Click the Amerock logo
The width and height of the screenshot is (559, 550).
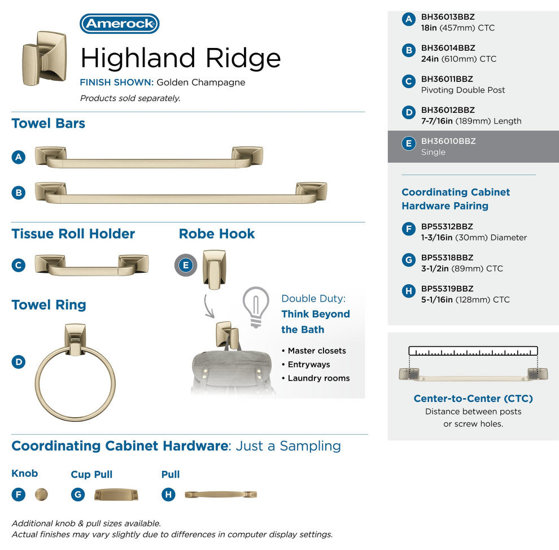(x=120, y=24)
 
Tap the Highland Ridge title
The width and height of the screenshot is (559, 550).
(x=181, y=58)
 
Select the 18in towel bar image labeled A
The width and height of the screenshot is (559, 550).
(x=149, y=157)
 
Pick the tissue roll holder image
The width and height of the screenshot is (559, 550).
(x=91, y=265)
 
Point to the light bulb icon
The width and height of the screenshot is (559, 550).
(x=256, y=307)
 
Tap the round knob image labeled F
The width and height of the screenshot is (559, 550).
(x=41, y=495)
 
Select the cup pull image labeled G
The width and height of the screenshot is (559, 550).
(x=116, y=495)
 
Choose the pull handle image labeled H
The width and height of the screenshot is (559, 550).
(x=221, y=495)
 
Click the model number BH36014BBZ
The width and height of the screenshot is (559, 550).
(x=448, y=48)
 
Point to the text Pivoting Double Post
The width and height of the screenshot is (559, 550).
(x=463, y=90)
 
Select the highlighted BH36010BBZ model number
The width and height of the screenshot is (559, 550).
(x=448, y=141)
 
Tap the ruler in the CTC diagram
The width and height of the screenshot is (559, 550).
(x=473, y=351)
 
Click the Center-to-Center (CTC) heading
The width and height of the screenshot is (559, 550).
(x=473, y=399)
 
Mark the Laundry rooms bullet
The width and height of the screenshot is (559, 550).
(x=316, y=378)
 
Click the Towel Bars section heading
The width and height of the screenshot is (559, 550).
(x=49, y=123)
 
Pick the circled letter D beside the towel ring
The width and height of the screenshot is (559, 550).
(x=19, y=362)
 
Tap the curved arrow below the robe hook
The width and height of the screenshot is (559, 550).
(x=209, y=306)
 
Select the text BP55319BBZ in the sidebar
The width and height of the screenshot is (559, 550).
(x=447, y=289)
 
